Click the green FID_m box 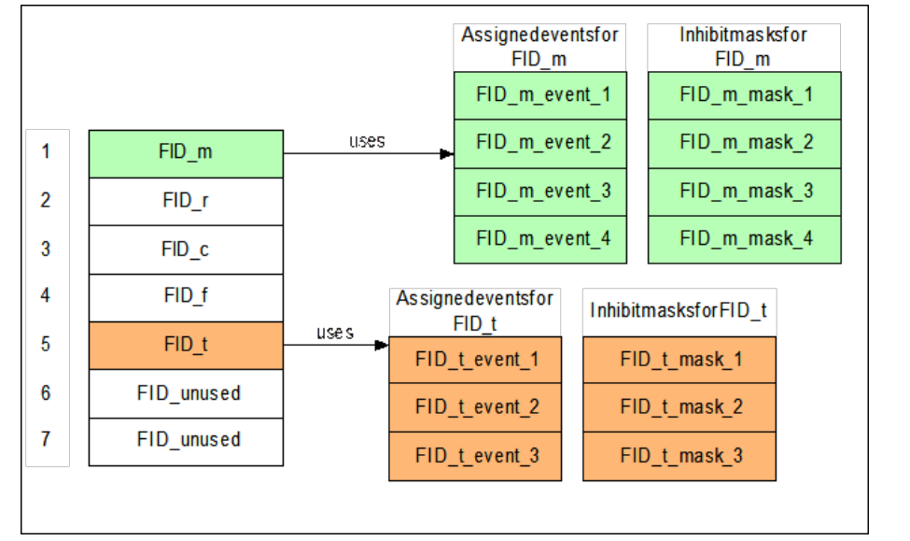[x=185, y=153]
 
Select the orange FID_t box [x=185, y=346]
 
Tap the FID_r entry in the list [x=185, y=201]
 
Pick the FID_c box [x=185, y=249]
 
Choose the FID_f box [x=185, y=297]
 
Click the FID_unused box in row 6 [x=185, y=393]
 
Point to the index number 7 [x=46, y=440]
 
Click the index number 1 [x=46, y=152]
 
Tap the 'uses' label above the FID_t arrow [x=334, y=333]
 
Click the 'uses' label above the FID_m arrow [x=367, y=141]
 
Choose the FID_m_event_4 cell [x=543, y=238]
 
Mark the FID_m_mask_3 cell [x=745, y=191]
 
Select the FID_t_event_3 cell [x=476, y=456]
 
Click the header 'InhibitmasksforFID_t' [x=679, y=310]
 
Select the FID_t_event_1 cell [x=476, y=360]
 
